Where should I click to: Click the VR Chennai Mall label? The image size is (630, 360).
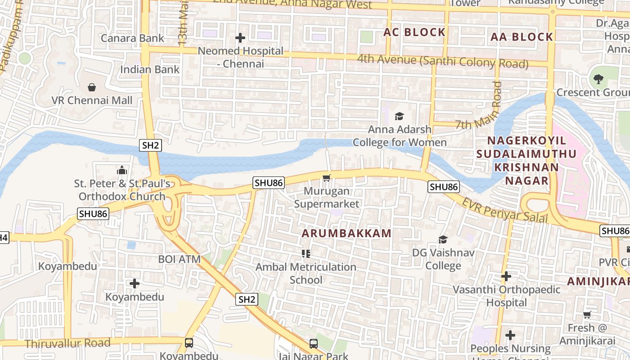(x=92, y=100)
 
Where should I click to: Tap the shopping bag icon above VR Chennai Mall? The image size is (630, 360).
(x=92, y=87)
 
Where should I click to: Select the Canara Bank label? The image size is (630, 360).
(x=132, y=38)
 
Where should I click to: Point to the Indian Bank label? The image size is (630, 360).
(x=150, y=69)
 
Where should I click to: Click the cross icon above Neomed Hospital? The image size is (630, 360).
(x=240, y=38)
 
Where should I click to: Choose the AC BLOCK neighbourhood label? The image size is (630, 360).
(x=414, y=32)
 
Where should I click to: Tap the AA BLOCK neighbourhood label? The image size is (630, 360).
(x=522, y=37)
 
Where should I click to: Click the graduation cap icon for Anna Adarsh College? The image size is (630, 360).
(x=399, y=117)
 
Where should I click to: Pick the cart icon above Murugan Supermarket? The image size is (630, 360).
(x=327, y=178)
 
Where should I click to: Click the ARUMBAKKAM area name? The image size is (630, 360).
(x=346, y=233)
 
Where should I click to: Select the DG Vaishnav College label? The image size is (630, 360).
(x=443, y=259)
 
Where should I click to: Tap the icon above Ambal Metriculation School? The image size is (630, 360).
(x=306, y=254)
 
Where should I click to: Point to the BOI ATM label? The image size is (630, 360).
(x=179, y=259)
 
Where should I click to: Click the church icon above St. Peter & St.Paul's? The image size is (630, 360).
(x=122, y=171)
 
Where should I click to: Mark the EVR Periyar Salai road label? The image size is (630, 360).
(x=505, y=210)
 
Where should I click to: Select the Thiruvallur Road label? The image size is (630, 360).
(x=67, y=343)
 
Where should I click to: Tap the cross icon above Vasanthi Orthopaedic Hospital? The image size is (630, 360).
(x=506, y=276)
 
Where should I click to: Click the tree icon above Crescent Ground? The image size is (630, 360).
(x=598, y=79)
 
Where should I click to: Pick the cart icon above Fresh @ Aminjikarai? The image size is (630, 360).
(x=587, y=315)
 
